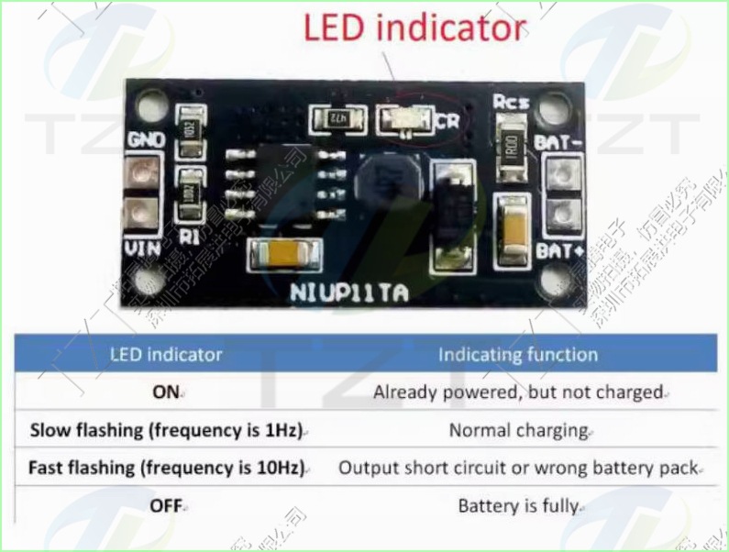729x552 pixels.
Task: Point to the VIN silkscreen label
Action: (141, 248)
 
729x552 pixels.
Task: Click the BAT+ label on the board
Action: (559, 250)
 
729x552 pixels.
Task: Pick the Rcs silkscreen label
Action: (510, 102)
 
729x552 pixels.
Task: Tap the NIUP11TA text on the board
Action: (350, 294)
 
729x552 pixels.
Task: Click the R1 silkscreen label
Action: (190, 237)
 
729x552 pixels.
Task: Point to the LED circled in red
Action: (406, 119)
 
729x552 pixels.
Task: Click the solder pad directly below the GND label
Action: (140, 170)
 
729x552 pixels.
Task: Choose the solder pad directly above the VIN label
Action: (140, 214)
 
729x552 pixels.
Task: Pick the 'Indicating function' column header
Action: (517, 354)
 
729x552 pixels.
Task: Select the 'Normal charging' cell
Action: (518, 429)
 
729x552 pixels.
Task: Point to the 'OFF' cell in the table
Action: (167, 504)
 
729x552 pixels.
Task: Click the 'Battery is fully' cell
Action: (518, 504)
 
